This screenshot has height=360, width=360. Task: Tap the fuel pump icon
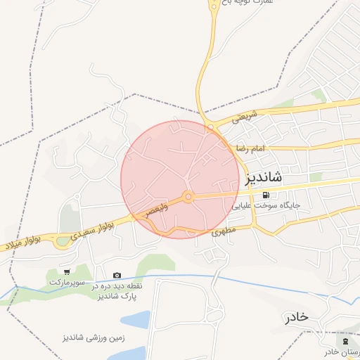(266, 195)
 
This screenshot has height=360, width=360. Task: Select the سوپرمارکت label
(66, 282)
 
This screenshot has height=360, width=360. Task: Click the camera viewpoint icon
(117, 275)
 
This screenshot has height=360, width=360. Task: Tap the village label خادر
(297, 317)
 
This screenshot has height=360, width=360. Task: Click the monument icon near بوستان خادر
(345, 341)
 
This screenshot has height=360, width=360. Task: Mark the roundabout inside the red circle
(188, 197)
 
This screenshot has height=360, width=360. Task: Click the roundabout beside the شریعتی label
(210, 127)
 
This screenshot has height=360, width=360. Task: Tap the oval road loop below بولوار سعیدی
(63, 242)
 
